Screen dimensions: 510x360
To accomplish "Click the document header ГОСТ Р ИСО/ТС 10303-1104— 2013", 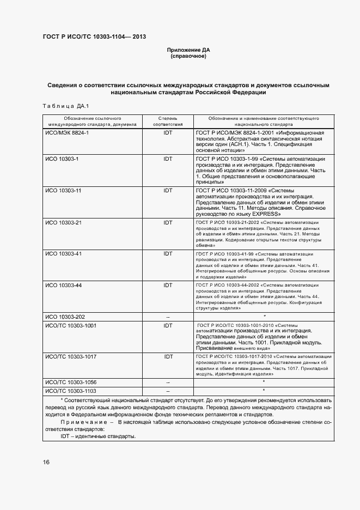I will [94, 37].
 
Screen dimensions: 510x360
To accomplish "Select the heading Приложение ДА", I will [188, 50].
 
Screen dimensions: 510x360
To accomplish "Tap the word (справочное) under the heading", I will [188, 56].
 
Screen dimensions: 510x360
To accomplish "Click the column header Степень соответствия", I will [168, 121].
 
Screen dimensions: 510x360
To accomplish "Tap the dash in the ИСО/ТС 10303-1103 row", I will [168, 391].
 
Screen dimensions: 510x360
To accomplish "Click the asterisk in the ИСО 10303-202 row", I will [264, 316].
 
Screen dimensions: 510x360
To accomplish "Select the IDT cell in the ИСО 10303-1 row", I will [168, 159].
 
